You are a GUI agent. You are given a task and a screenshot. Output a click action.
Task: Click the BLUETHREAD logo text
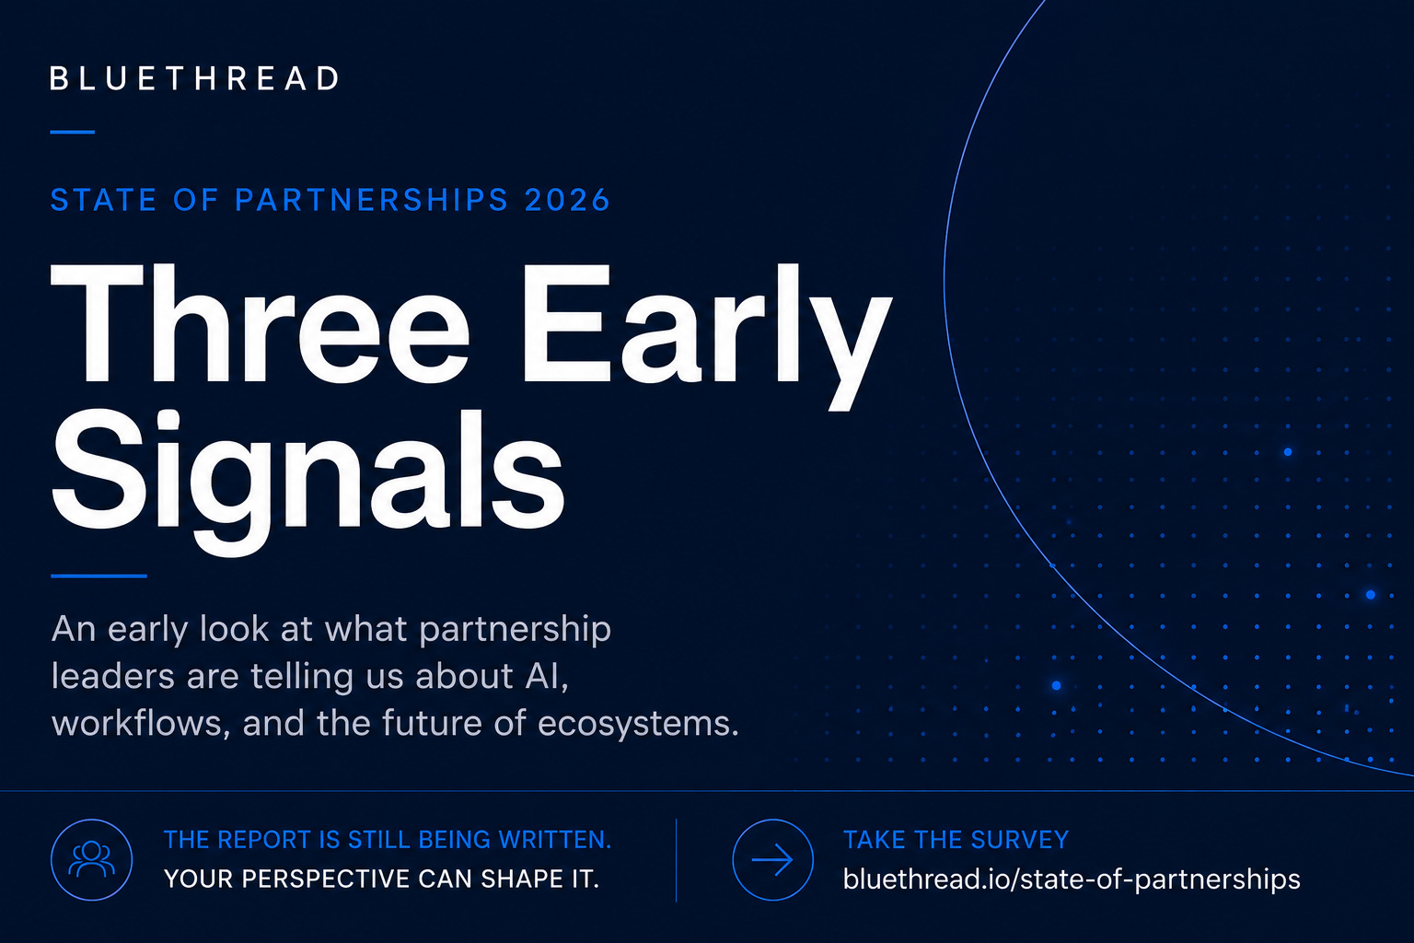[195, 79]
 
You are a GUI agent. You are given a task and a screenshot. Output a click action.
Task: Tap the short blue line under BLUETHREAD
[73, 132]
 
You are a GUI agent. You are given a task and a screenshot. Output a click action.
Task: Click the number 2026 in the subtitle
[567, 200]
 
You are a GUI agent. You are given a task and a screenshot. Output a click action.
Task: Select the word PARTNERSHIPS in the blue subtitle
[372, 200]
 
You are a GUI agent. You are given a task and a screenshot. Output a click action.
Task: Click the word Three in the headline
[261, 322]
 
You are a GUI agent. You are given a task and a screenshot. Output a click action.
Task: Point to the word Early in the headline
[707, 336]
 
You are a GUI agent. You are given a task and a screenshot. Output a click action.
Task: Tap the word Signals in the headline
[307, 482]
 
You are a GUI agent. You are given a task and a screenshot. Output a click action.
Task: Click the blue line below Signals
[99, 576]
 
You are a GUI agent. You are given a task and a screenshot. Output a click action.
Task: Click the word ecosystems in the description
[638, 724]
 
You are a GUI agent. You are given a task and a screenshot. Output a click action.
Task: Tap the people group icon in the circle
[91, 859]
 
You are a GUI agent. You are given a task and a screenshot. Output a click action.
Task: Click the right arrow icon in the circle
[772, 859]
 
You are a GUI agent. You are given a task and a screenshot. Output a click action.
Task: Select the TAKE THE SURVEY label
[956, 840]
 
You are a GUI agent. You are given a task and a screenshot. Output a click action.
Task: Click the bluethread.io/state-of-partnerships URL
[1072, 879]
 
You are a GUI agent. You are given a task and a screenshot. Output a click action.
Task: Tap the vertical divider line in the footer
[676, 860]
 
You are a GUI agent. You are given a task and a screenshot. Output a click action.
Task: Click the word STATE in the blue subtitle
[103, 200]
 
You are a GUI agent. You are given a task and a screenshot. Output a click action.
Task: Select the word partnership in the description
[516, 630]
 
